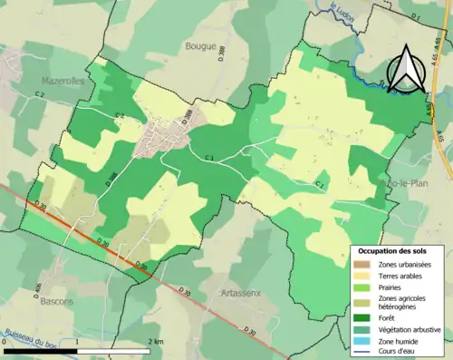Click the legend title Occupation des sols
(398, 249)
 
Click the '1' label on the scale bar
(78, 340)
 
